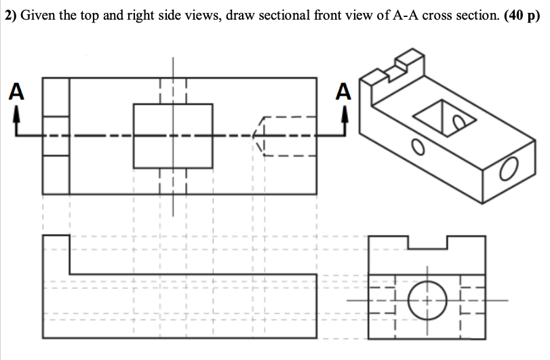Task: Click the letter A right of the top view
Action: tap(345, 90)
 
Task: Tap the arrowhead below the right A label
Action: tap(345, 113)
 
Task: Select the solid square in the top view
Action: tap(173, 136)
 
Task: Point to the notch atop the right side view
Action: tap(427, 242)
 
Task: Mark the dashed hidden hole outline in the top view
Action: tap(285, 136)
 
